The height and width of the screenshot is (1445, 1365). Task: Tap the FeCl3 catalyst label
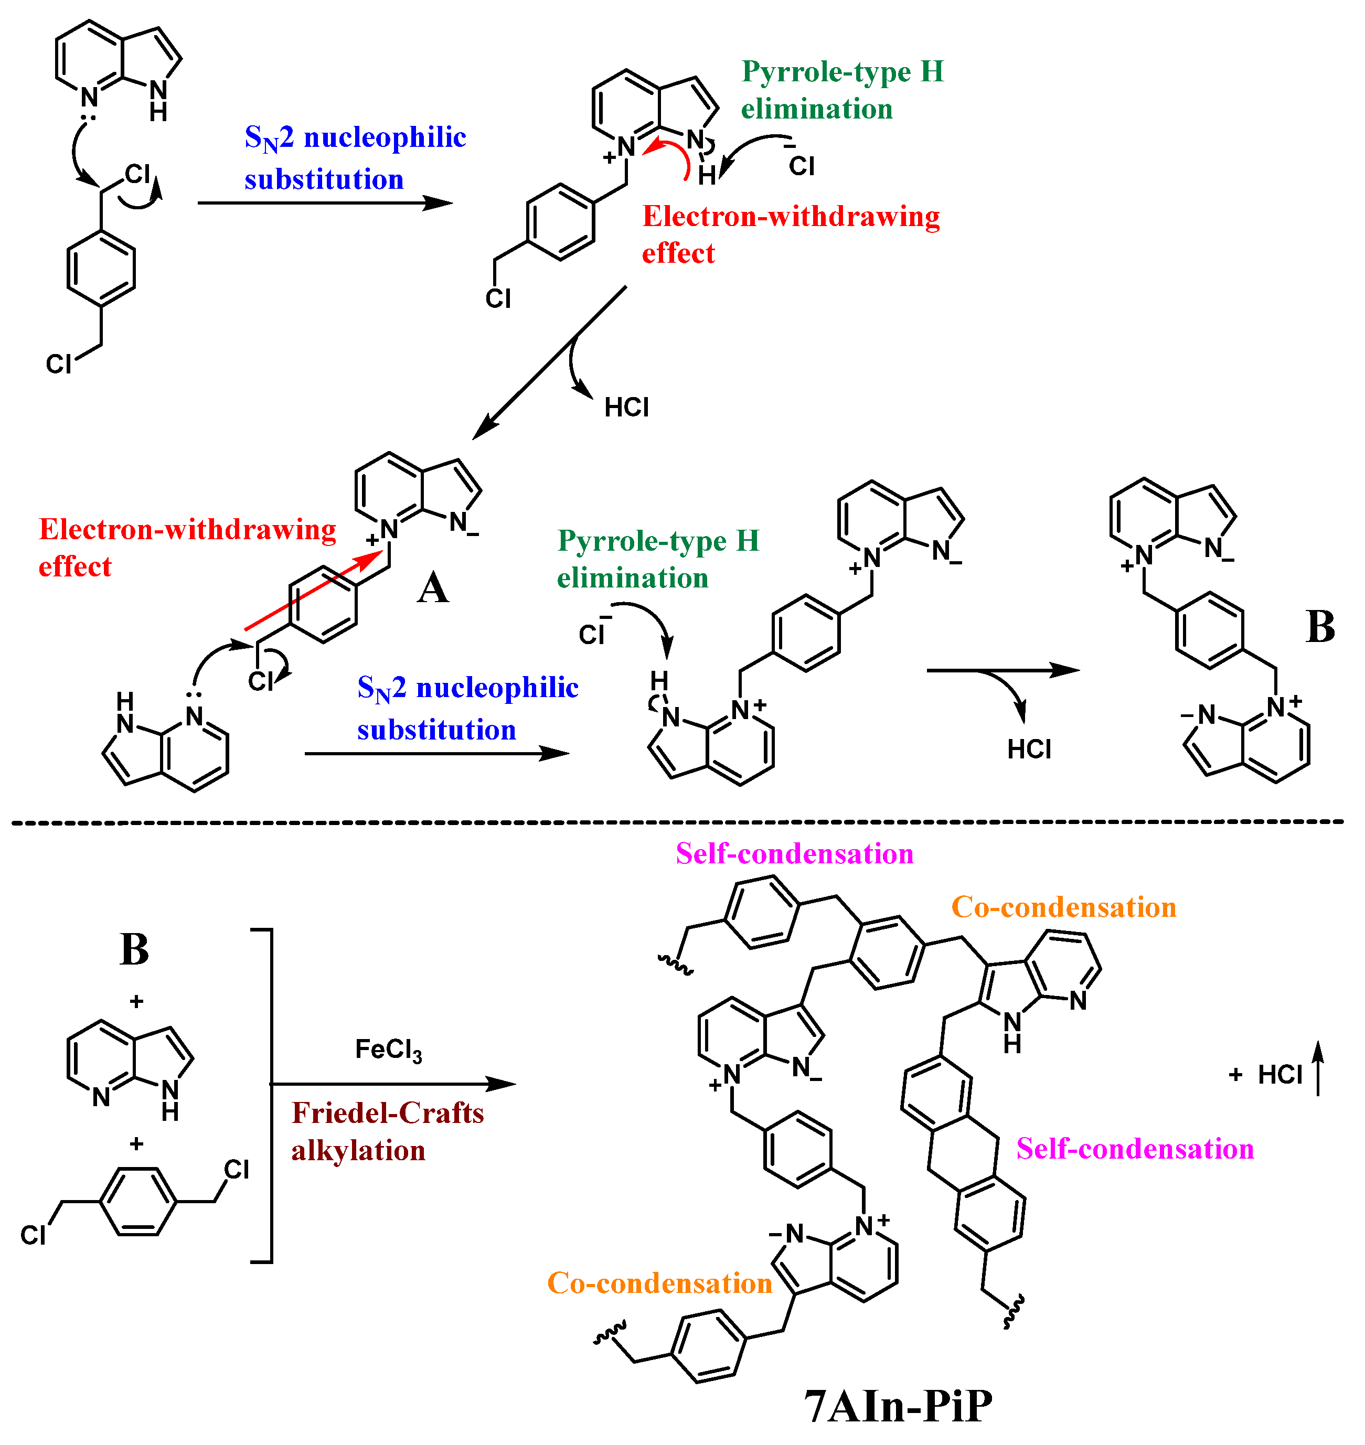point(389,1050)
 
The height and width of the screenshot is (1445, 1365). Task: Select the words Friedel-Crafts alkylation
point(387,1132)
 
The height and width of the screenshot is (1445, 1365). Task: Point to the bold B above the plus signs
point(135,949)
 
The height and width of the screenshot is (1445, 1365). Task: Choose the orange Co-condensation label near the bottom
point(659,1283)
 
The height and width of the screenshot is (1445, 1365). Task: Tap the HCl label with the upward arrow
point(1280,1075)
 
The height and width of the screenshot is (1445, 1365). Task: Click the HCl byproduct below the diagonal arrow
point(626,408)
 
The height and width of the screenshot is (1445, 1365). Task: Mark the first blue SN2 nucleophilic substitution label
point(355,158)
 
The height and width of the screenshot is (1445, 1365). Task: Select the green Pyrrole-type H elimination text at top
point(843,90)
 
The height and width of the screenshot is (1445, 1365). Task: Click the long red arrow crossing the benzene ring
point(313,590)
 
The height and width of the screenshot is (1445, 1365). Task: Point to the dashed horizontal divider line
point(677,823)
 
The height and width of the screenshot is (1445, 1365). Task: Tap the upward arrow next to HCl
point(1318,1067)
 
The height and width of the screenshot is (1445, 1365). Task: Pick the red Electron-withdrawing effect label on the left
point(187,547)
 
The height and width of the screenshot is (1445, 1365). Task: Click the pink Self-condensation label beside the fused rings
point(1135,1149)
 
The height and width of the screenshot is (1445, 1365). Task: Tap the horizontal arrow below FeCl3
point(393,1084)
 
